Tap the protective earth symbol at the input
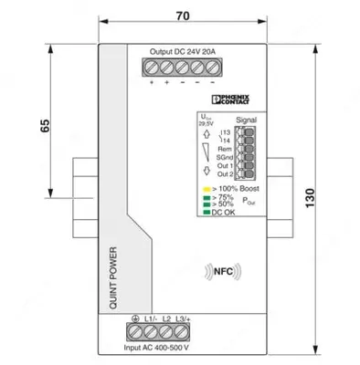pos(136,318)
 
